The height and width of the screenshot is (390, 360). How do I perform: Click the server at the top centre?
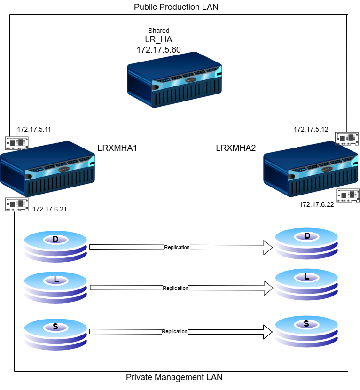[174, 80]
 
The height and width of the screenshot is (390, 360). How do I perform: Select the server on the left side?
[47, 169]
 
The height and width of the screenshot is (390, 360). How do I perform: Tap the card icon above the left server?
[17, 143]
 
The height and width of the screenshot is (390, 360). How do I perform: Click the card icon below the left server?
[17, 204]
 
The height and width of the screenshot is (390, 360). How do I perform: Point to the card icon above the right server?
[347, 138]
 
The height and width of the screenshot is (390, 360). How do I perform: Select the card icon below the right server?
[348, 195]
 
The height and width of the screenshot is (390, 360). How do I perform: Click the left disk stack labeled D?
[55, 246]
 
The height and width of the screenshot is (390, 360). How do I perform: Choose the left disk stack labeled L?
[55, 287]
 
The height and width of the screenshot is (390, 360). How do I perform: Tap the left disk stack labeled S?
[55, 334]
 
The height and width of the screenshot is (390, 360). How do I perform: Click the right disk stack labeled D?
[306, 243]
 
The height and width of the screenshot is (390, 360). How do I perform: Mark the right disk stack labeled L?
[306, 284]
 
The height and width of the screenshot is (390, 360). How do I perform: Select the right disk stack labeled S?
[306, 331]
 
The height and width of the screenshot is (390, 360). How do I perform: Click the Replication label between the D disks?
[177, 247]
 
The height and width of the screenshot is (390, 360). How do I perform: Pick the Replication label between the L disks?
[175, 288]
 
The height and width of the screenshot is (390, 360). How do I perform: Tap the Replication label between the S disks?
[174, 331]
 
